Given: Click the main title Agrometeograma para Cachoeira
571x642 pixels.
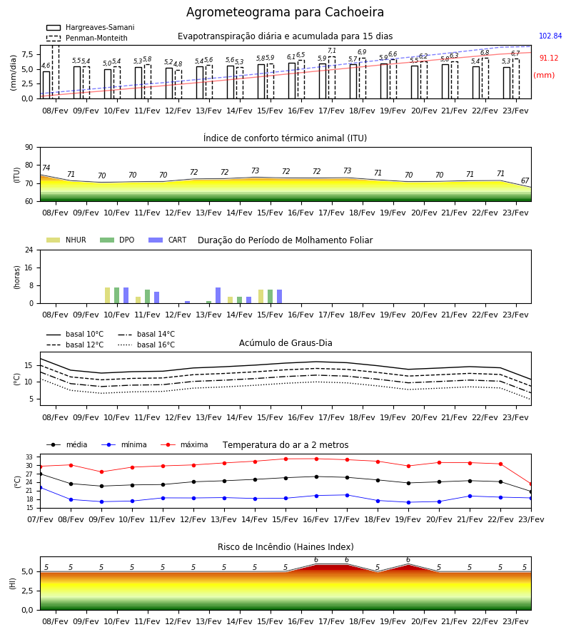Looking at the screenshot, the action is tap(285, 12).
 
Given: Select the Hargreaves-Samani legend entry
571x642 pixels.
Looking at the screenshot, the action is tap(90, 27).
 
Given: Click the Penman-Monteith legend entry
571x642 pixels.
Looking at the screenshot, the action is tap(87, 38).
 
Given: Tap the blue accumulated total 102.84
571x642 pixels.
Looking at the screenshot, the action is tap(550, 36).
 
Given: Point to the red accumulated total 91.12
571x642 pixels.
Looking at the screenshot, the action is tap(549, 58).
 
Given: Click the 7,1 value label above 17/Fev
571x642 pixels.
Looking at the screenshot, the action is tap(332, 51).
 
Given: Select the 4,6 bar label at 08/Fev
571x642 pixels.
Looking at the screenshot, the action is tap(46, 66).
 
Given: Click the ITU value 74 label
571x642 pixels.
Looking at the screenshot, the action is tap(46, 168).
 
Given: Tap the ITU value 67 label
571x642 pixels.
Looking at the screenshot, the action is tap(525, 180).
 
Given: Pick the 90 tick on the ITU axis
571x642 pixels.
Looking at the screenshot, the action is tap(29, 148).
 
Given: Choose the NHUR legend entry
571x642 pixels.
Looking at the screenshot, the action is tap(66, 240).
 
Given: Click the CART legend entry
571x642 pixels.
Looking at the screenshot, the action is tap(168, 240).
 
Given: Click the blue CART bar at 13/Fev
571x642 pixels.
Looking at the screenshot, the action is tap(218, 295).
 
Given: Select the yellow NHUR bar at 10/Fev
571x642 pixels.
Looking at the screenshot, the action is tap(107, 295).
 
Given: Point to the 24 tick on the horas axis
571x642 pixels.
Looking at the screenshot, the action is tap(29, 250).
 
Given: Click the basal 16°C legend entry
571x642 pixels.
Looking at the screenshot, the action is tap(146, 345).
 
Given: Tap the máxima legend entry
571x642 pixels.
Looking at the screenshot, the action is tap(184, 444).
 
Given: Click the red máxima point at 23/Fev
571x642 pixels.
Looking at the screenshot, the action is tap(531, 484).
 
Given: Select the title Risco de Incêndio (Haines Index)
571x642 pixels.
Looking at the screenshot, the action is tap(285, 547).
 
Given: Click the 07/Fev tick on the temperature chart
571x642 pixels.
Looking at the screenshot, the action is tap(40, 519).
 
